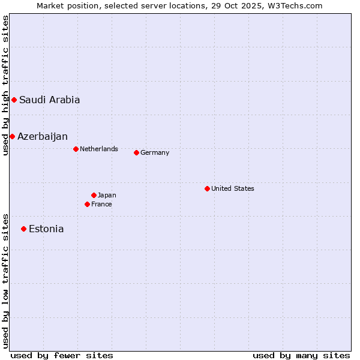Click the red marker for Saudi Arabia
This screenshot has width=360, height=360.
[14, 100]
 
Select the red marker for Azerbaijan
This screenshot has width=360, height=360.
[12, 136]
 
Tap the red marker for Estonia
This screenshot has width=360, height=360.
[23, 229]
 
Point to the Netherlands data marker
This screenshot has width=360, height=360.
[76, 149]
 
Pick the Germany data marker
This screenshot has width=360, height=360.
[136, 152]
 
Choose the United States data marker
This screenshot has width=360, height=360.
[207, 188]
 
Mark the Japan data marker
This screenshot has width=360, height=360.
[94, 195]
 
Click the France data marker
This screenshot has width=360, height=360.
[87, 204]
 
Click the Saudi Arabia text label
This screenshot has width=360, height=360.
[49, 100]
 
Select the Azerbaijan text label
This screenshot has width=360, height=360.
[43, 137]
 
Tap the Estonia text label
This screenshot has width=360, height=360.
[46, 229]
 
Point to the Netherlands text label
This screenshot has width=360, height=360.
[99, 149]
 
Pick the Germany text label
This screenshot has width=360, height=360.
[155, 152]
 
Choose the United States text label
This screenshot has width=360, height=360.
[233, 188]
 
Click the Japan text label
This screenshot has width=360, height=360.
[107, 195]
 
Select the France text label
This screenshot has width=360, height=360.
[101, 204]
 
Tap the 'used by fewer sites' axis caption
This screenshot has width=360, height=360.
[62, 355]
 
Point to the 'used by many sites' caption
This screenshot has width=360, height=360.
[301, 355]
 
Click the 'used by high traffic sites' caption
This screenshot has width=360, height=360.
[5, 85]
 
